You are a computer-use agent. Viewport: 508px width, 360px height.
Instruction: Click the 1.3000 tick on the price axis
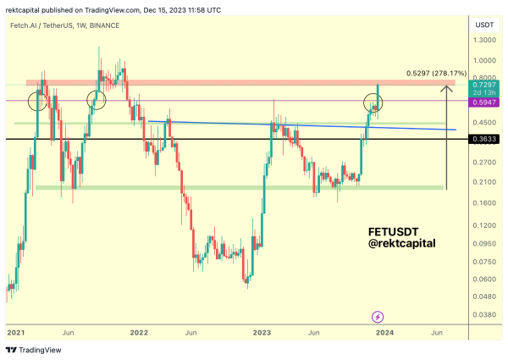pos(485,40)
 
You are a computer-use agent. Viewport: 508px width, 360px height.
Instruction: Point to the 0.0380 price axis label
pos(485,314)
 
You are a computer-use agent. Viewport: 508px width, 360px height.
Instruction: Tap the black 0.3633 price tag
pos(485,138)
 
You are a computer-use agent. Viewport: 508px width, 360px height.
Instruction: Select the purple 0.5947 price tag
pos(485,101)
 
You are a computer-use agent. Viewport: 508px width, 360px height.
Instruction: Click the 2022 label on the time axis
pos(140,333)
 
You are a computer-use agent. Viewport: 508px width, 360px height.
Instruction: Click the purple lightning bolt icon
pos(378,317)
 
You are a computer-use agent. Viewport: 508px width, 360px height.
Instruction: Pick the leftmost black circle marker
pos(37,102)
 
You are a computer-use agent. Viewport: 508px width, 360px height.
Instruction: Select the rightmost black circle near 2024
pos(373,103)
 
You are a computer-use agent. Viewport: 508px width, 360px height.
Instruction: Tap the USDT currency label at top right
pos(485,25)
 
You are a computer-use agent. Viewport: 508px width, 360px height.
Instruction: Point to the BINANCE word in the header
pos(105,25)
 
